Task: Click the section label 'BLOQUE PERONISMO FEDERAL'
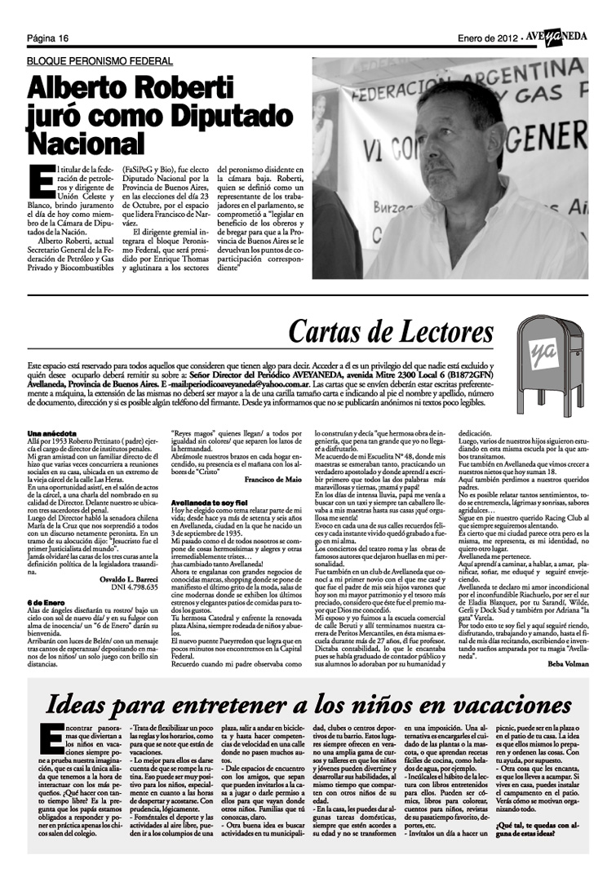[100, 61]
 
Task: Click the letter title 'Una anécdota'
[49, 432]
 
